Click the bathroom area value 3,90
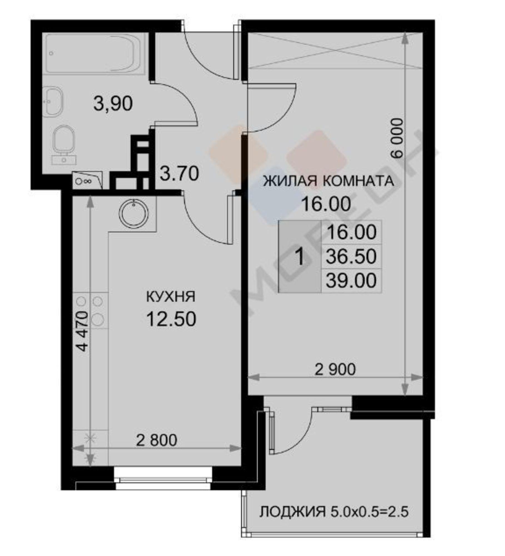pyautogui.click(x=113, y=104)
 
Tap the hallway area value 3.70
pyautogui.click(x=180, y=174)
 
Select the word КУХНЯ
pyautogui.click(x=171, y=297)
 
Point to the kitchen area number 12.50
pyautogui.click(x=171, y=319)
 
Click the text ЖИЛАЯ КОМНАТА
pyautogui.click(x=328, y=181)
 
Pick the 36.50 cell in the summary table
pyautogui.click(x=351, y=256)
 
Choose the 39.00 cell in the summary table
pyautogui.click(x=351, y=281)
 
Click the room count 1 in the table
pyautogui.click(x=300, y=257)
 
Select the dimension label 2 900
pyautogui.click(x=335, y=370)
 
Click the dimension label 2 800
pyautogui.click(x=156, y=440)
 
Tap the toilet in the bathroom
pyautogui.click(x=64, y=142)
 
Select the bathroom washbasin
pyautogui.click(x=53, y=102)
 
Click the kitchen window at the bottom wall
pyautogui.click(x=163, y=477)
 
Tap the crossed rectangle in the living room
pyautogui.click(x=335, y=50)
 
